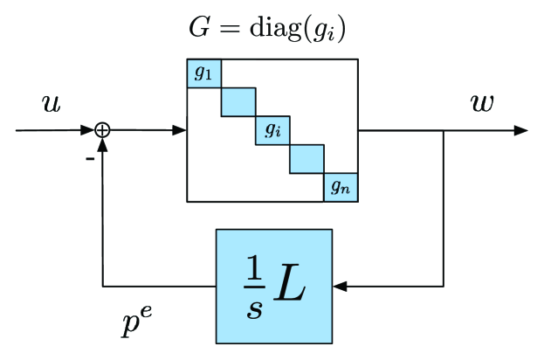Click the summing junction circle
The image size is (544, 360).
click(102, 130)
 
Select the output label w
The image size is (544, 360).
click(481, 102)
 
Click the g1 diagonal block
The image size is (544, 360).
click(203, 73)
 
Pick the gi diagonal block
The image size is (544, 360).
click(272, 130)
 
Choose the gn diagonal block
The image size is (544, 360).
click(341, 187)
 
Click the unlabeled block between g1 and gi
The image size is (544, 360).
click(238, 101)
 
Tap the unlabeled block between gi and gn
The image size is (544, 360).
click(306, 158)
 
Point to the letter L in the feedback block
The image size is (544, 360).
click(289, 286)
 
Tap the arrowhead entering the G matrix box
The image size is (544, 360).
click(181, 130)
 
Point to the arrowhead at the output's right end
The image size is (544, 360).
click(521, 130)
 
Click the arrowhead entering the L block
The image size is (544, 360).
click(339, 286)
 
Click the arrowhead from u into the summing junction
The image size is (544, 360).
click(89, 130)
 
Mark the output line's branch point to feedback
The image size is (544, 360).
click(445, 130)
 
